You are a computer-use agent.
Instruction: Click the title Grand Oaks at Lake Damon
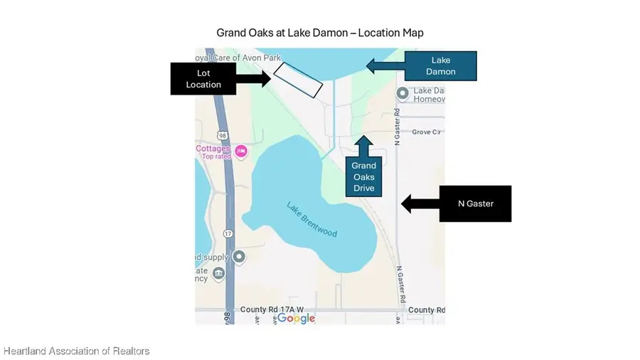click(x=320, y=33)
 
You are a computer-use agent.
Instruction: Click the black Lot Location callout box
click(x=203, y=78)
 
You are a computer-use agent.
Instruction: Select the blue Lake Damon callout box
click(x=440, y=66)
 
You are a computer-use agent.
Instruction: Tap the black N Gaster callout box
click(x=475, y=203)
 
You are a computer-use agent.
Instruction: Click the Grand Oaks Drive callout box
click(x=364, y=176)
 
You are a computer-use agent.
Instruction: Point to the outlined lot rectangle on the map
click(x=298, y=80)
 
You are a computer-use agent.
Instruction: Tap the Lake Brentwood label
click(x=311, y=220)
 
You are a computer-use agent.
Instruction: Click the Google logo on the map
click(x=296, y=318)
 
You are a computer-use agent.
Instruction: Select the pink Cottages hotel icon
click(x=241, y=150)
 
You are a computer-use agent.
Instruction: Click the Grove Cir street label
click(x=427, y=132)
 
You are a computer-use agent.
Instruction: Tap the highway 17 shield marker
click(x=228, y=233)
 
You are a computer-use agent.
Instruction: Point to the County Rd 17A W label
click(x=272, y=310)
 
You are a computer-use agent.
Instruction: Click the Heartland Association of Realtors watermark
click(x=76, y=351)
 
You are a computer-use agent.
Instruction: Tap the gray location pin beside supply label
click(x=240, y=257)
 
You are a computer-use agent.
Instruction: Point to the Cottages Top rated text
click(x=214, y=152)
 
